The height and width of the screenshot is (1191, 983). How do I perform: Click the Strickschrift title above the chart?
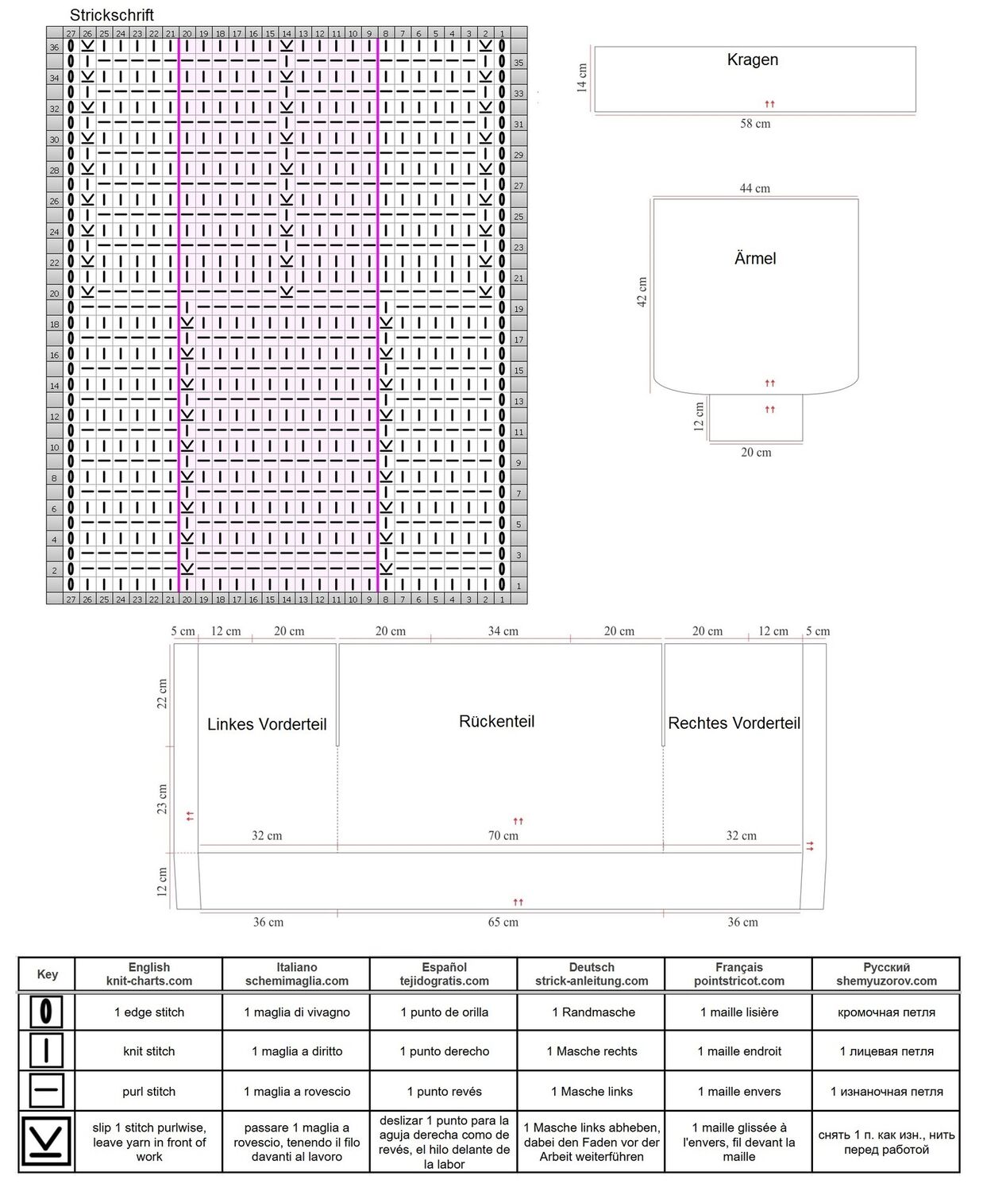pos(111,15)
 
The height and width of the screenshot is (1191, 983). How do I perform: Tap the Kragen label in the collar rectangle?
pos(752,60)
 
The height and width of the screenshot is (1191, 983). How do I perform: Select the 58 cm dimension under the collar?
pos(755,124)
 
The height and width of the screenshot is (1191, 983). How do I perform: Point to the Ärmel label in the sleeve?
pos(755,258)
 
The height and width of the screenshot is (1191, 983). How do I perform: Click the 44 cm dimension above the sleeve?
pos(754,188)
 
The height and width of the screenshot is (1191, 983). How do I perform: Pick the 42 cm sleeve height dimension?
pos(642,292)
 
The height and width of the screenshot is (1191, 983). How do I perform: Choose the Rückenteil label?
pos(496,722)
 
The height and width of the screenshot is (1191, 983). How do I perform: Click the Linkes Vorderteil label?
pos(267,724)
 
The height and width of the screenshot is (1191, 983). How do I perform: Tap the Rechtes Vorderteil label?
pos(734,723)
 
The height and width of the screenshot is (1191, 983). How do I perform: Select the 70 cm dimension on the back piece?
pos(503,835)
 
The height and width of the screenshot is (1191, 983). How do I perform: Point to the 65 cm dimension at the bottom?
pos(503,922)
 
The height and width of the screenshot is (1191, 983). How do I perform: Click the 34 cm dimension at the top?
pos(503,631)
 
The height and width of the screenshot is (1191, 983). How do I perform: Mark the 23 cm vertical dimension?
pos(162,799)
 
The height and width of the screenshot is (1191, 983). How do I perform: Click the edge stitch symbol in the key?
pos(46,1012)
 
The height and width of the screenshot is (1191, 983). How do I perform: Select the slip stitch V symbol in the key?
pos(46,1141)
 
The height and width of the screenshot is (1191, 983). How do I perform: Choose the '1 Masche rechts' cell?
pos(591,1051)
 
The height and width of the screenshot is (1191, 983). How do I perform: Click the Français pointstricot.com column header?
pos(738,973)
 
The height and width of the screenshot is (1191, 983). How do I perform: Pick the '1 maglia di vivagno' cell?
pos(297,1012)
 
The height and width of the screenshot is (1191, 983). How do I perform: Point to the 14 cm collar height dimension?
pos(581,78)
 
